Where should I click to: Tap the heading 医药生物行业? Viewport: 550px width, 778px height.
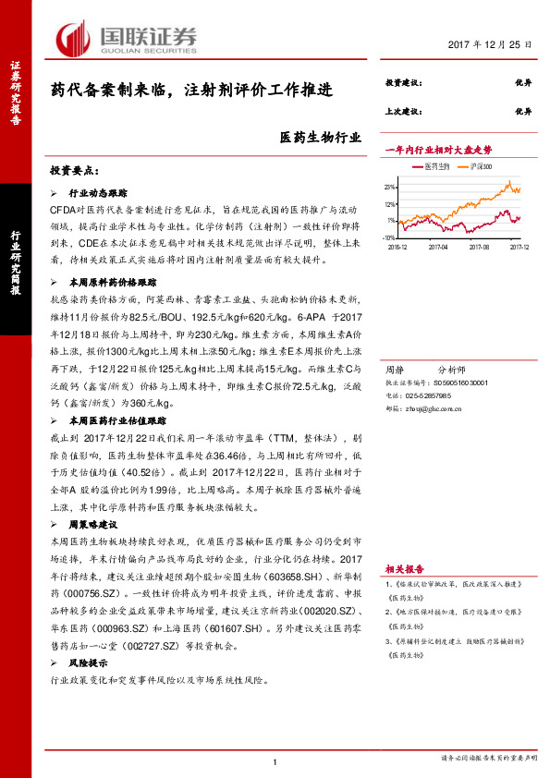[319, 139]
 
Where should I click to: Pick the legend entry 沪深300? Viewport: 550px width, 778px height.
[480, 166]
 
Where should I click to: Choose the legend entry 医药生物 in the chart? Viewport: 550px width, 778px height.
[435, 166]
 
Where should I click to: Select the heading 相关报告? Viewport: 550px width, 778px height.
[404, 569]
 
